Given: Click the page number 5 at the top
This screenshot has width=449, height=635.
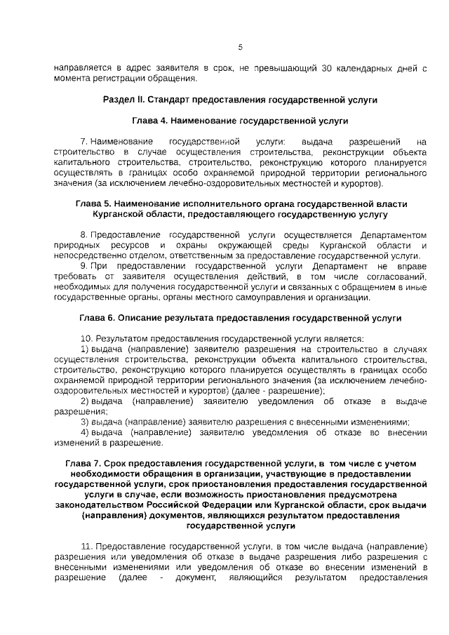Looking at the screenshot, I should (x=240, y=47).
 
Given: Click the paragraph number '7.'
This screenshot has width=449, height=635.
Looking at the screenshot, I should (x=84, y=142).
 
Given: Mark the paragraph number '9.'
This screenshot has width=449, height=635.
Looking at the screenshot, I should (x=84, y=267).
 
